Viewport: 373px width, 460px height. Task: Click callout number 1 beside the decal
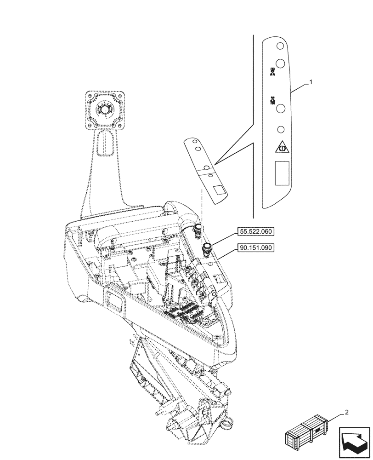coord(311,82)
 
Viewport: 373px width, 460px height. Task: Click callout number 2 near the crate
coord(347,413)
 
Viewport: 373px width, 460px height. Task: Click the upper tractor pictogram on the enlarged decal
coord(273,72)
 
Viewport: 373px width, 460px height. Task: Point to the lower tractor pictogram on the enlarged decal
coord(273,100)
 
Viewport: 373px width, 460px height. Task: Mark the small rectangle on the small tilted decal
coord(218,189)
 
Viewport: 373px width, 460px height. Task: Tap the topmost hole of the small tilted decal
coord(195,142)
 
